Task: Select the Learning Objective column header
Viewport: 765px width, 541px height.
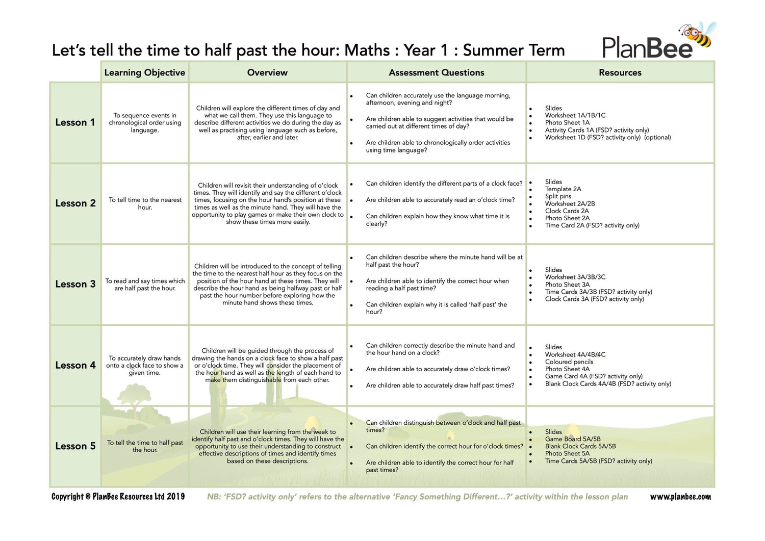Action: click(144, 72)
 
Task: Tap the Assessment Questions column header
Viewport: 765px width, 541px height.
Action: click(436, 72)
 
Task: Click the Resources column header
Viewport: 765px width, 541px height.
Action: click(620, 72)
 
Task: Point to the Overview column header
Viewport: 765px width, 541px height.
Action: click(267, 72)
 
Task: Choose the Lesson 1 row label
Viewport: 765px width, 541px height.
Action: click(75, 122)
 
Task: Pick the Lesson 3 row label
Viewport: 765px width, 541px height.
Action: click(75, 284)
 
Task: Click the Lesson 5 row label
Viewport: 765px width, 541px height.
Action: click(75, 446)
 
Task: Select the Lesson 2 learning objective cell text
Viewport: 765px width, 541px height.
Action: click(145, 203)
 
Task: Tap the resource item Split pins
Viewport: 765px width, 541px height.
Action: click(558, 196)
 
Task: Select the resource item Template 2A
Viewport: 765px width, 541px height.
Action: click(563, 189)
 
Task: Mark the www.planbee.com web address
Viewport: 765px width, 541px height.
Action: click(680, 497)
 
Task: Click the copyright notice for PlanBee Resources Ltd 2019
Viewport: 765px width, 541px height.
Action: click(118, 497)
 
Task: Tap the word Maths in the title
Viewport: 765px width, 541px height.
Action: click(367, 50)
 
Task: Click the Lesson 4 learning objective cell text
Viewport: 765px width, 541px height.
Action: click(145, 366)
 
